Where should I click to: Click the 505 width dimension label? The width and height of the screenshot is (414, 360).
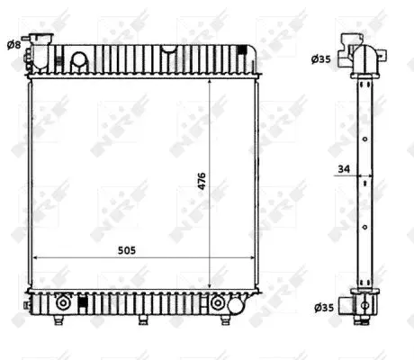[127, 250]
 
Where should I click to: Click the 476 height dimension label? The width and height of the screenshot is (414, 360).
[202, 181]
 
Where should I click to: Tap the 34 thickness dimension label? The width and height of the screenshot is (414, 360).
[344, 169]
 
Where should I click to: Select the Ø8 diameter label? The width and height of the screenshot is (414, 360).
[13, 45]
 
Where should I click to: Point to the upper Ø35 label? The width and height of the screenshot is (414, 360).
[321, 59]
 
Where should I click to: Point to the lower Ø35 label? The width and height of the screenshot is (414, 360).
[324, 308]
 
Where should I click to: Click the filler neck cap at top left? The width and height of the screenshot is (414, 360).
[41, 37]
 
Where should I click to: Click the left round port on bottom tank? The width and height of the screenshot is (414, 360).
[63, 303]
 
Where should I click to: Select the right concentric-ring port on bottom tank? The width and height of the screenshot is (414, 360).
[217, 303]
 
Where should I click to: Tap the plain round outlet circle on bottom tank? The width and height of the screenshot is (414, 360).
[235, 305]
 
